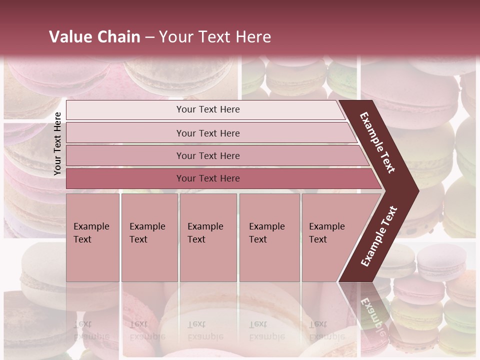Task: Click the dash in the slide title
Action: (149, 37)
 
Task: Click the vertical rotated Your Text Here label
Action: (57, 143)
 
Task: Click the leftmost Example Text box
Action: (92, 237)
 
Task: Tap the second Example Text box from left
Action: (149, 237)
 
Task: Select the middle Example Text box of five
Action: (208, 237)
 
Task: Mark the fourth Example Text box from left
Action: (269, 237)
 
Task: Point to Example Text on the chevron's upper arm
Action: (377, 142)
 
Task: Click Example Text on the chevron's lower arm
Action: (378, 236)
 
